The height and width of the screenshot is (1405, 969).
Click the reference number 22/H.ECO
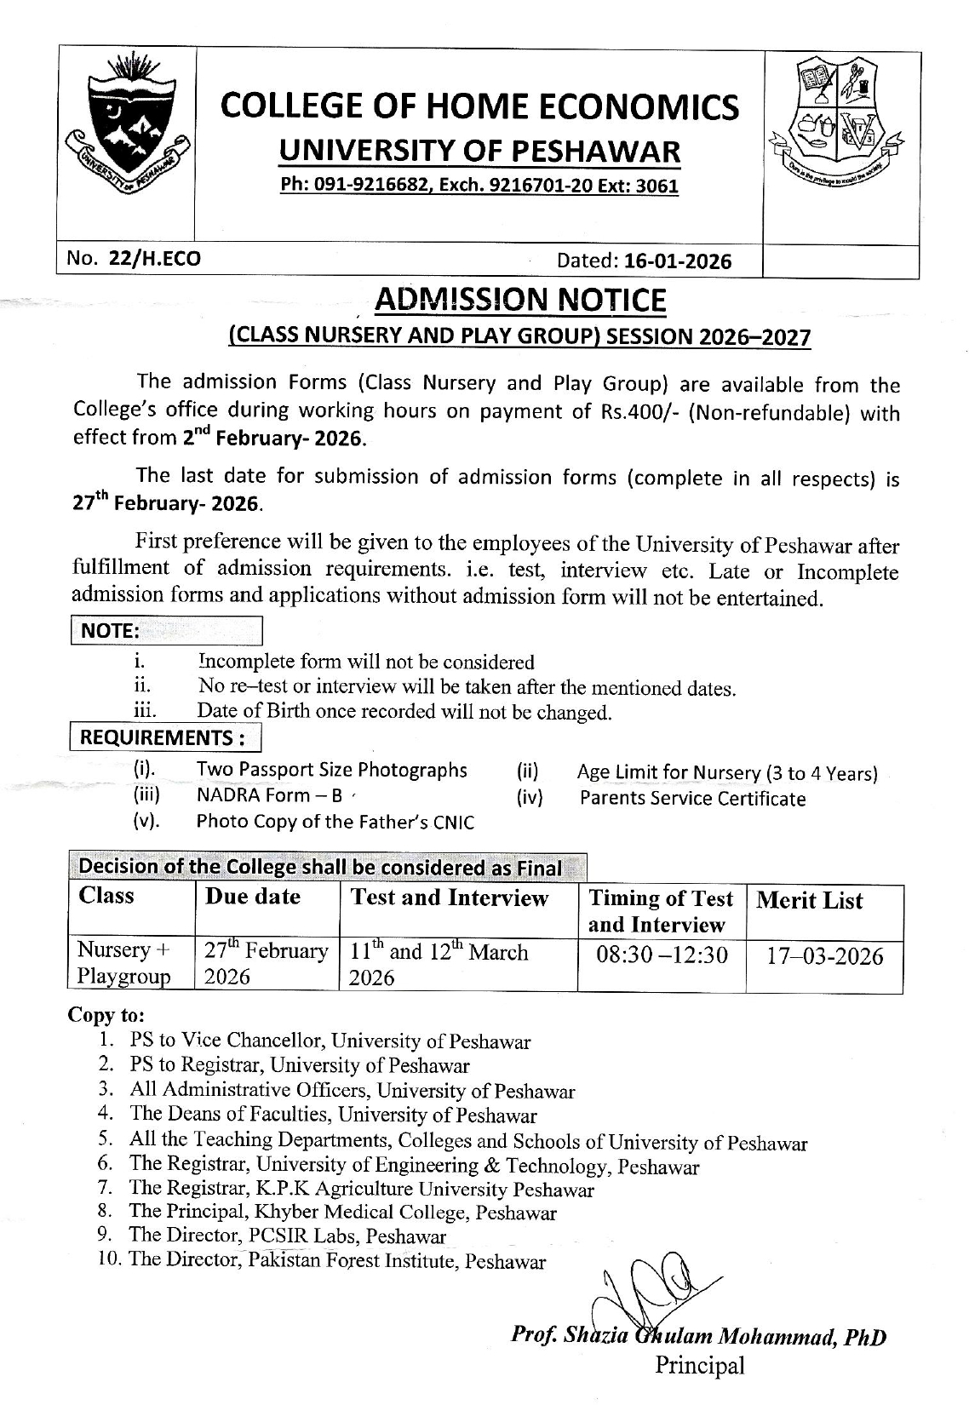coord(155,259)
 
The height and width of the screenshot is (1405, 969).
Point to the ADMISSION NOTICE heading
coord(520,300)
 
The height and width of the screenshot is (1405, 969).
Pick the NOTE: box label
coord(109,631)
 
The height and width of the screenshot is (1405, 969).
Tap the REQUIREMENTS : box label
coord(164,737)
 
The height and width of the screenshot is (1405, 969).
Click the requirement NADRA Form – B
coord(270,795)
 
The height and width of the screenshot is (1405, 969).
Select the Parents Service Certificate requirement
coord(692,799)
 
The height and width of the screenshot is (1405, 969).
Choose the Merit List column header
coord(809,901)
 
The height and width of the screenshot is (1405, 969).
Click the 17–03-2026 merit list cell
coord(824,956)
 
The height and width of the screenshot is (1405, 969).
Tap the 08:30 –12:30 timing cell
coord(662,955)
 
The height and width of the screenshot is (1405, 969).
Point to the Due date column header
coord(253,897)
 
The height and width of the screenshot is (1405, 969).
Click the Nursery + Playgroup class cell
coord(124,963)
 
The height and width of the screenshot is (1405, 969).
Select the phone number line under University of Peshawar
coord(480,186)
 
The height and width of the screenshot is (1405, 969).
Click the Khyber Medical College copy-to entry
coord(343,1213)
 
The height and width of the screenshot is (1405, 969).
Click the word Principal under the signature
coord(699,1366)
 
